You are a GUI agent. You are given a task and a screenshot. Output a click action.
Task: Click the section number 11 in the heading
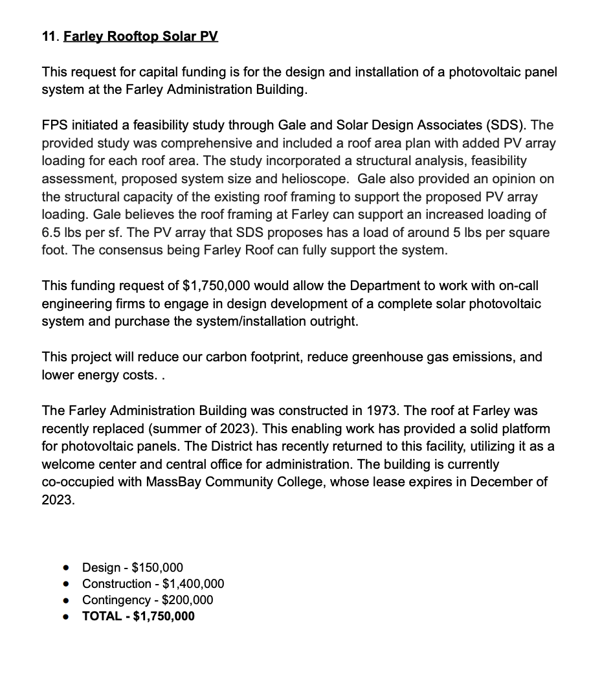(x=49, y=36)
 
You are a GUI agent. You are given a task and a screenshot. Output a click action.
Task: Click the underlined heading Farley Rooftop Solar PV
(x=140, y=36)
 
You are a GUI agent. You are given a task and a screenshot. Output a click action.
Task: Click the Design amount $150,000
(x=157, y=568)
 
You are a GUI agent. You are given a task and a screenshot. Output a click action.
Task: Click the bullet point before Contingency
(x=66, y=600)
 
